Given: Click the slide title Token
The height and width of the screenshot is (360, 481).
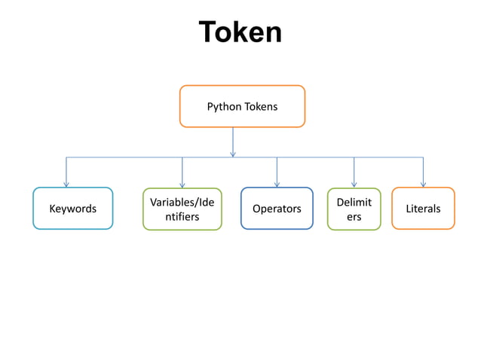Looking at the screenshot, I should [240, 32].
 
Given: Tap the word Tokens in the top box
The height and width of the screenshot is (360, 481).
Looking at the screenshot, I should [260, 106].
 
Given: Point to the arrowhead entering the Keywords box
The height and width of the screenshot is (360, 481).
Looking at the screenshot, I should [66, 183].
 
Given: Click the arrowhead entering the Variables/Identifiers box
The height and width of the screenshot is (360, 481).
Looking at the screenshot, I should [182, 184].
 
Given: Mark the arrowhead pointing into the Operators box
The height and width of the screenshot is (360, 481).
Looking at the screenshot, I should [277, 183].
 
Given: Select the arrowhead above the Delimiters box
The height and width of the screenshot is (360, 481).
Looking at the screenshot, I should [354, 183].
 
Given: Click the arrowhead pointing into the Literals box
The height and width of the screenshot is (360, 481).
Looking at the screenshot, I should [423, 183].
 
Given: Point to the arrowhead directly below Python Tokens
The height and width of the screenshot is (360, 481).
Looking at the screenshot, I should [233, 154].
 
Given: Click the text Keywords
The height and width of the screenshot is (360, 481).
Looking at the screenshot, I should [72, 209].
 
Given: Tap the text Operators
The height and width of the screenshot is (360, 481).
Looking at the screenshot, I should [277, 209].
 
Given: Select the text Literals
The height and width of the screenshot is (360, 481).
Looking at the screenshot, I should [423, 209].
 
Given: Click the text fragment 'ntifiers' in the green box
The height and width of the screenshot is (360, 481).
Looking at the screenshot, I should [182, 217].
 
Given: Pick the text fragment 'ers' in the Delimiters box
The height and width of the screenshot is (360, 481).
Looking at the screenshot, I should [354, 217].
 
